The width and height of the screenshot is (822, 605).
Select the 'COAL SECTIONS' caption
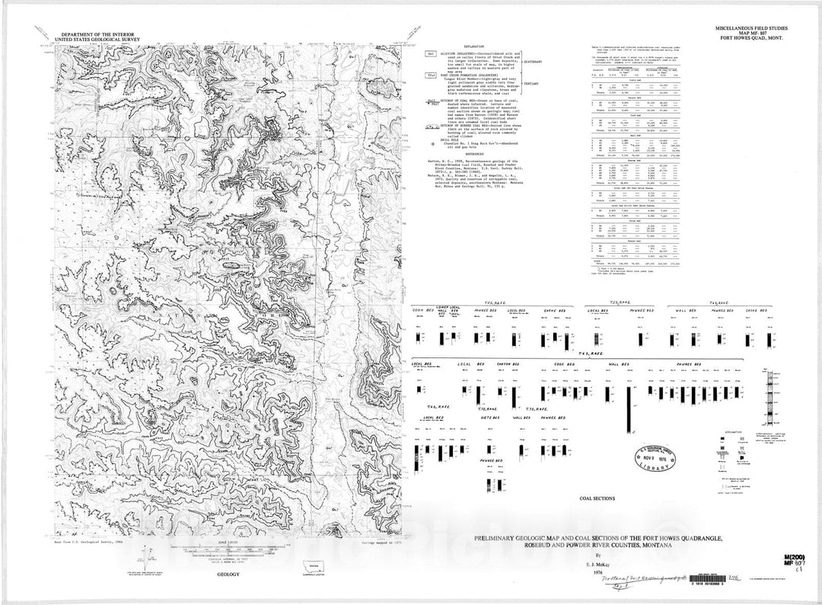pos(597,499)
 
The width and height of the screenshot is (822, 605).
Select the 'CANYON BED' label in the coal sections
pos(508,364)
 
